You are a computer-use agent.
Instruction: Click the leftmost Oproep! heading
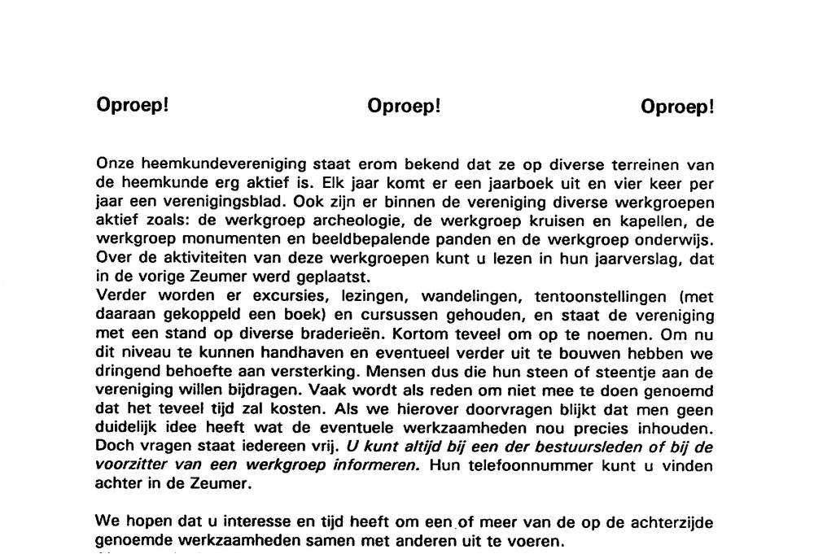point(132,106)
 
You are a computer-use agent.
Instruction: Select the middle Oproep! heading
point(404,106)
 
